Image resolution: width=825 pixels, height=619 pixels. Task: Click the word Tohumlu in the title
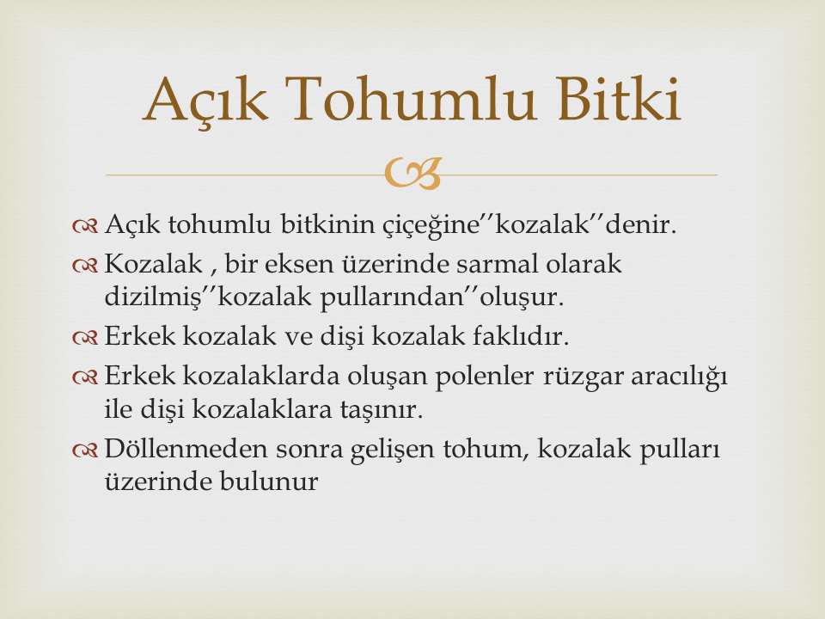tap(413, 99)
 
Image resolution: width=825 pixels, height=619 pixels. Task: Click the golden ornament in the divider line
tap(412, 173)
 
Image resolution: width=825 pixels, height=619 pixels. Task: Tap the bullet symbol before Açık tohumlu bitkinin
tap(85, 226)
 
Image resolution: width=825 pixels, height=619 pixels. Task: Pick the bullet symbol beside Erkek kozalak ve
tap(85, 338)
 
